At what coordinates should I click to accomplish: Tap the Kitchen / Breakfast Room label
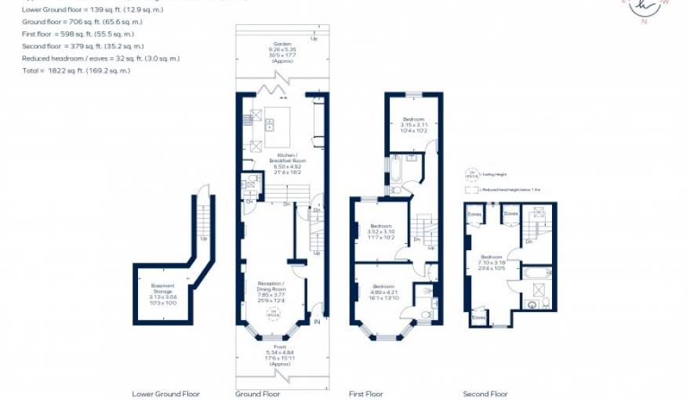click(286, 165)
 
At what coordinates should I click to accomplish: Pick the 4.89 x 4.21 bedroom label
click(385, 293)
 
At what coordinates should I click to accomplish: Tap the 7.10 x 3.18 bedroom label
click(492, 264)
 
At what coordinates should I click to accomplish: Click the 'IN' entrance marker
click(317, 322)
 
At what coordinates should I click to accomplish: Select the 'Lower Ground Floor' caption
click(165, 394)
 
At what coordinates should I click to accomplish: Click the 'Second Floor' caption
click(485, 394)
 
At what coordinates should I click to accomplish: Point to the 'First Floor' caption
click(369, 394)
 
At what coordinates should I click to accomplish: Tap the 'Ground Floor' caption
click(257, 394)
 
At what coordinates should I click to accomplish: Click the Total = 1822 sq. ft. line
click(77, 71)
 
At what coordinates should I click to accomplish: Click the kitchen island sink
click(269, 123)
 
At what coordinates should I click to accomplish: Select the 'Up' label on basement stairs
click(204, 239)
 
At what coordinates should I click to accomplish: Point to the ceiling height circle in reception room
click(274, 314)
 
